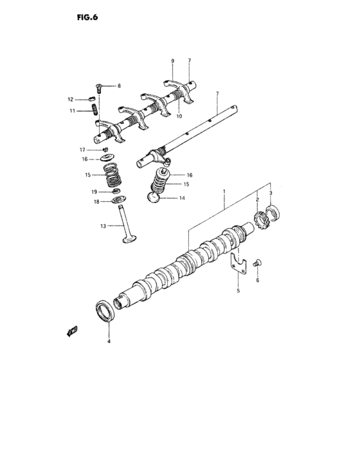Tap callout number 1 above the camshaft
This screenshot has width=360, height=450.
tap(224, 191)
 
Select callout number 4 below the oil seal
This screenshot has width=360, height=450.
tap(109, 341)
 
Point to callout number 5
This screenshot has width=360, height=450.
tap(237, 291)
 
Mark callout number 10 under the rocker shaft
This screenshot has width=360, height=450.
tap(179, 116)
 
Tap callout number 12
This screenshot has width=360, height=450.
tap(71, 99)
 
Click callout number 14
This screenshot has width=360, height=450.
tap(182, 199)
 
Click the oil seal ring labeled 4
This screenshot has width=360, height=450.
tap(107, 311)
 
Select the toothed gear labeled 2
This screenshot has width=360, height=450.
tap(260, 221)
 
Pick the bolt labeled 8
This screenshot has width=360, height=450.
tap(98, 85)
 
